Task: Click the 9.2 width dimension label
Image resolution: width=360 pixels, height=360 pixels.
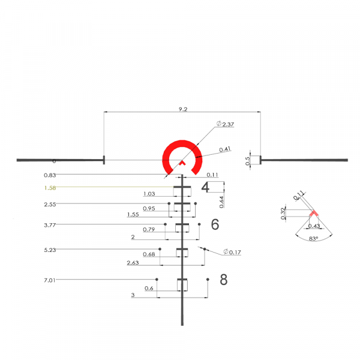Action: pos(182,110)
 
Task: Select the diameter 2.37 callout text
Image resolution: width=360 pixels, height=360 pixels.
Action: pos(225,124)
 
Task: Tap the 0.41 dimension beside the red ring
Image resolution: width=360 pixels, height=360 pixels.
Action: pos(225,149)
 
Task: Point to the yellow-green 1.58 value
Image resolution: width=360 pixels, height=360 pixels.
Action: pos(50,188)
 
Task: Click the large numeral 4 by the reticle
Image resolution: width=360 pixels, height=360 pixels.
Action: pos(205,187)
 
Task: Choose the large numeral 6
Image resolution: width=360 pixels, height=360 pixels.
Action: pos(215,225)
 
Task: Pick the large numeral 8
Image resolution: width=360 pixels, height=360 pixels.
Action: pos(223,280)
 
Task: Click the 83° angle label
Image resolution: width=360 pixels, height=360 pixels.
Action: pos(313,238)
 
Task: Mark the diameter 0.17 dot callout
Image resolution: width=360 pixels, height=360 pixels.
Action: pos(232,252)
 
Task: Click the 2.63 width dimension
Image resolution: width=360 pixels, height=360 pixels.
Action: pos(133,263)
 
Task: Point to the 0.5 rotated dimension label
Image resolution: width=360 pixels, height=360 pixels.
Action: pos(248,160)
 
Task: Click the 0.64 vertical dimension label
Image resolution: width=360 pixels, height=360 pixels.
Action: pos(222,202)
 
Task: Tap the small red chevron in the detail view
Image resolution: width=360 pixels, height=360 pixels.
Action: pos(313,214)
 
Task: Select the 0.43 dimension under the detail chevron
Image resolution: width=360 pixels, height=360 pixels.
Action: pos(313,226)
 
